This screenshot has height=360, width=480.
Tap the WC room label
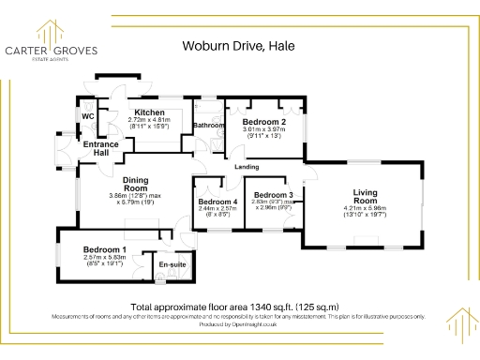88,116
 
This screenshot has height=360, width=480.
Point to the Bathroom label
208,125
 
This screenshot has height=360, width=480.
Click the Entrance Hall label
99,149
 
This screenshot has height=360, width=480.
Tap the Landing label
247,167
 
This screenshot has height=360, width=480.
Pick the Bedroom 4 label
217,202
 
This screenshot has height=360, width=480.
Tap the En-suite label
171,267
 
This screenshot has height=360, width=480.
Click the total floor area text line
234,307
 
